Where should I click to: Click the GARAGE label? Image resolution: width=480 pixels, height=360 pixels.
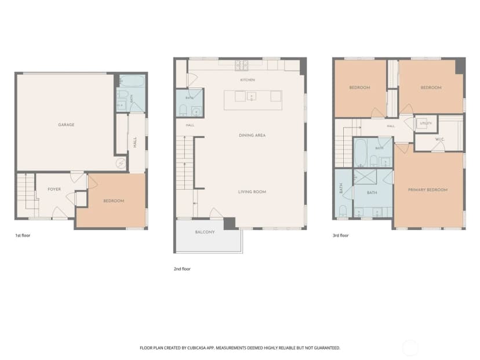[66, 125]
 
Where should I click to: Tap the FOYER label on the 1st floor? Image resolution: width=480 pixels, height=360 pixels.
[54, 189]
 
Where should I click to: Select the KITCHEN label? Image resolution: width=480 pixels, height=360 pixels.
[248, 80]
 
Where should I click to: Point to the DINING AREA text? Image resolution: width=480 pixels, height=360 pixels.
[252, 135]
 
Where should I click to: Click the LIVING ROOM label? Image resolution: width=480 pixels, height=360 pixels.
[252, 192]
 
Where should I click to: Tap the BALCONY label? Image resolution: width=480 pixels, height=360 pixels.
[205, 232]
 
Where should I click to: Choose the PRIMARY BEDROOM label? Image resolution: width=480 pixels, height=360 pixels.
[428, 190]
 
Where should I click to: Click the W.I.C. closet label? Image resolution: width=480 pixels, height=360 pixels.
[440, 139]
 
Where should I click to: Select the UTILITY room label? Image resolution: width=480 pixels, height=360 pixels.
[426, 123]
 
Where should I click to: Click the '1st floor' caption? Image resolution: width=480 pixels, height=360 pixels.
[23, 235]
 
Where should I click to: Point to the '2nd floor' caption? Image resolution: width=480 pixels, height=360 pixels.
[182, 269]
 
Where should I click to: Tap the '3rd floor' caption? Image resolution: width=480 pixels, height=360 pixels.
[341, 235]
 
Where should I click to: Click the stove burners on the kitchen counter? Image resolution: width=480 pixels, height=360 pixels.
[241, 65]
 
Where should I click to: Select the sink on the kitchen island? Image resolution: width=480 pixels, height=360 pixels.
[252, 96]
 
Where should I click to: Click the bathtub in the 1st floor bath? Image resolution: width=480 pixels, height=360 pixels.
[132, 81]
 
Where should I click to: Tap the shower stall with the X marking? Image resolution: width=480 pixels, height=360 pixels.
[365, 177]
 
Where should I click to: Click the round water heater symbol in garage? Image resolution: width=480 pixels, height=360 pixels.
[121, 163]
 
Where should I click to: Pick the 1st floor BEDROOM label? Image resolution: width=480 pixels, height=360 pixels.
[114, 201]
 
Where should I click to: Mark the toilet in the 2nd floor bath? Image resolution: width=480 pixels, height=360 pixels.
[183, 111]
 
